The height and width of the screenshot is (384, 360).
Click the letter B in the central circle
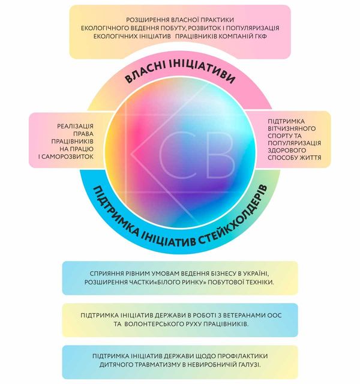point(220,155)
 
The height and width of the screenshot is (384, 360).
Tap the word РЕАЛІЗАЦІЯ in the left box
point(75,126)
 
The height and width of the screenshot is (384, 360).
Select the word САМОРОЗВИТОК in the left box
point(68,157)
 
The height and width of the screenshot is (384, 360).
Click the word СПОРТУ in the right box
point(278,136)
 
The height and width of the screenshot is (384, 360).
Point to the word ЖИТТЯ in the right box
point(311,157)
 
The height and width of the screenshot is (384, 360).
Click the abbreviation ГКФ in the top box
point(260,36)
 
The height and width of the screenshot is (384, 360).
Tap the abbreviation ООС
point(275,316)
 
